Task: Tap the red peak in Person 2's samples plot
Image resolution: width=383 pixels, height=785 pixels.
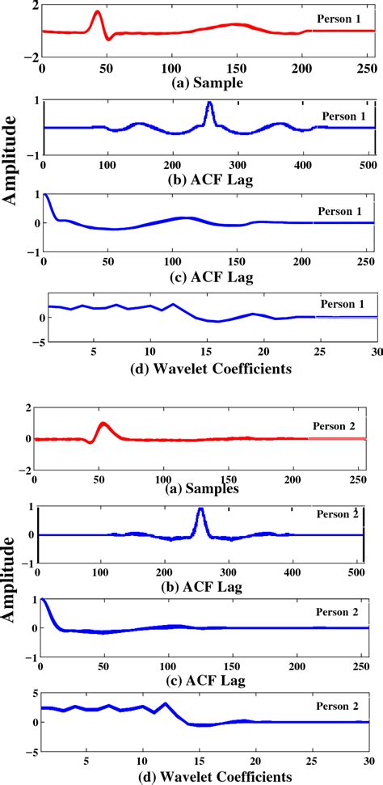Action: [x=103, y=424]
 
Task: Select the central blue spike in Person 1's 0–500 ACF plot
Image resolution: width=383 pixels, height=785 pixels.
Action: [x=209, y=104]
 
